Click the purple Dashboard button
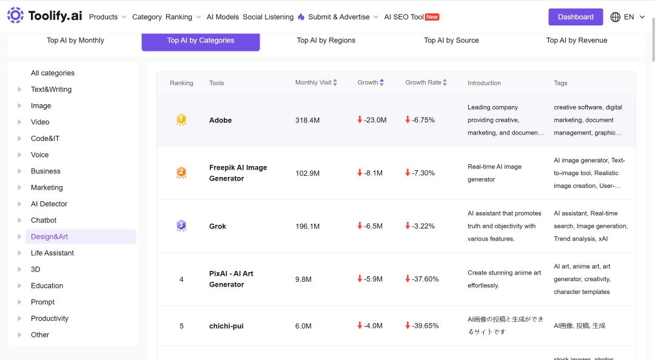coord(576,17)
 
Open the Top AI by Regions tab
coord(326,40)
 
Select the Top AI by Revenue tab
coord(577,40)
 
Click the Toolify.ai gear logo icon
coord(15,15)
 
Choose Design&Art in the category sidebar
coord(49,236)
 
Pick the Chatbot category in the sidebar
coord(44,220)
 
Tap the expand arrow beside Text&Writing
coord(19,89)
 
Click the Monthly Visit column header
coord(314,82)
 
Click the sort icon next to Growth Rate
coord(445,82)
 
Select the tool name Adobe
coord(221,120)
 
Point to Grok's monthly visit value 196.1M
coord(307,226)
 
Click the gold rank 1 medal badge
coord(181,120)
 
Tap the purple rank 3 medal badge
coord(181,226)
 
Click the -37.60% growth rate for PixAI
coord(422,279)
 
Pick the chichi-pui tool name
coord(226,326)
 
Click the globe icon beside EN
coord(616,17)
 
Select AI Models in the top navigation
coord(223,17)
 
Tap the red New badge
coord(432,17)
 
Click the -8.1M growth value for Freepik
coord(370,173)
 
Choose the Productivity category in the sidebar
coord(50,318)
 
